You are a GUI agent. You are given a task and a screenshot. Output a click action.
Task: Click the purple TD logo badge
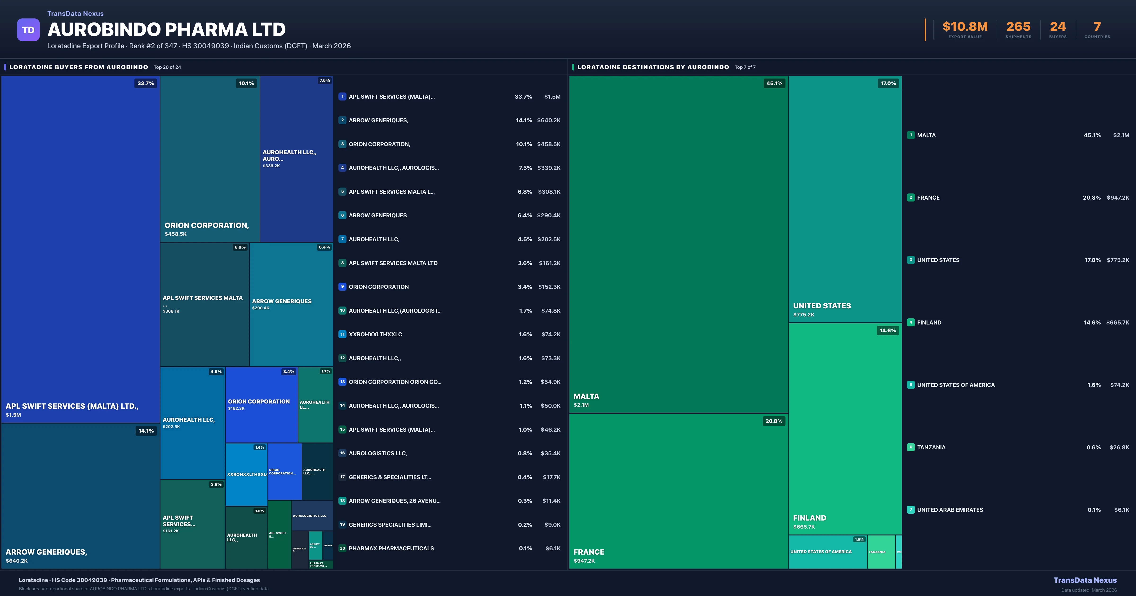click(28, 30)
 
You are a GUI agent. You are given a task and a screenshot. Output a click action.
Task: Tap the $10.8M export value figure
click(965, 27)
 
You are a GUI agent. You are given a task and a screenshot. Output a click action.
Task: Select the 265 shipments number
click(1018, 27)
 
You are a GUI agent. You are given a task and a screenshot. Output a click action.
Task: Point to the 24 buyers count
click(1057, 27)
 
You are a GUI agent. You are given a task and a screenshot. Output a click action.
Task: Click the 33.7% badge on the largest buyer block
click(146, 83)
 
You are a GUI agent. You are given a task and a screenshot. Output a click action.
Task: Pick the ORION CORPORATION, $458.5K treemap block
click(210, 159)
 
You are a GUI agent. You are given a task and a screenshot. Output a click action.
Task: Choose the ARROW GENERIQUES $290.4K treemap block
click(291, 304)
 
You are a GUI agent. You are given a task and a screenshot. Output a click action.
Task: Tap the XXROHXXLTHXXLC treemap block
click(247, 474)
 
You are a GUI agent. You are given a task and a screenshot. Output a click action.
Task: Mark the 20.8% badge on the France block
click(774, 421)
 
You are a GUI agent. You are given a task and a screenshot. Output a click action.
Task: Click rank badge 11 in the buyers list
click(342, 334)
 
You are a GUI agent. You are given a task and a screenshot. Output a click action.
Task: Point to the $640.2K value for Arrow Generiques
click(549, 120)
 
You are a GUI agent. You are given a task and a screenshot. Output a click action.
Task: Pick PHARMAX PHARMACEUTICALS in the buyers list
click(391, 548)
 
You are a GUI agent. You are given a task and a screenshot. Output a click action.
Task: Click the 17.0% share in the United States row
click(1092, 260)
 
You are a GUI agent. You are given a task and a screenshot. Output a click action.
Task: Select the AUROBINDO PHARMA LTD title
click(167, 30)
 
